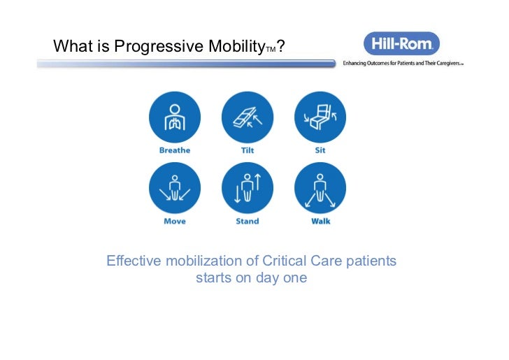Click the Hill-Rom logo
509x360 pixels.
coord(401,43)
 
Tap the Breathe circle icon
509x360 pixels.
coord(174,117)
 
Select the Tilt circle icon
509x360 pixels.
coord(248,117)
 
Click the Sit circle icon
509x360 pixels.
coord(320,117)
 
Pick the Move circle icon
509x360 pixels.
coord(174,188)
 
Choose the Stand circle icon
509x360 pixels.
coord(248,188)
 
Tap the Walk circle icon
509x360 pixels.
coord(320,188)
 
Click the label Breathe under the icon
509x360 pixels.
coord(174,150)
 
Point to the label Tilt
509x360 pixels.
coord(248,150)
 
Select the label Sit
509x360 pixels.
coord(320,150)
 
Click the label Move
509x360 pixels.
coord(174,222)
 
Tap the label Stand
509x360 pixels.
coord(248,222)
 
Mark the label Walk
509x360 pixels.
coord(320,222)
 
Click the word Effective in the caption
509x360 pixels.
coord(133,261)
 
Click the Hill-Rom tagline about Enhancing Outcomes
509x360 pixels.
coord(403,63)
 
